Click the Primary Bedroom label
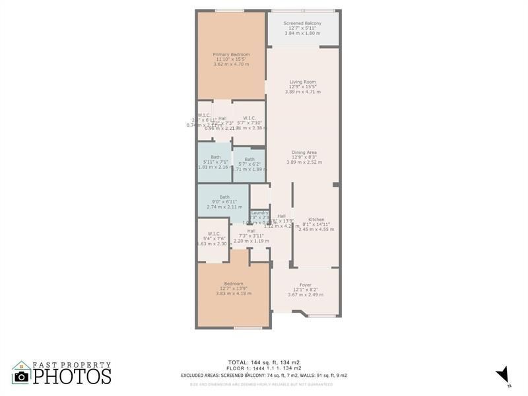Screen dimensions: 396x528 coord(231,55)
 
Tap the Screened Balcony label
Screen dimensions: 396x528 coord(302,24)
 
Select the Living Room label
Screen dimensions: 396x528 coord(302,82)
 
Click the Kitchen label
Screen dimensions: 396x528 coord(316,220)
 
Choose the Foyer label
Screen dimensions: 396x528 coord(305,285)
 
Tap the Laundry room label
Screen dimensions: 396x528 coord(259,213)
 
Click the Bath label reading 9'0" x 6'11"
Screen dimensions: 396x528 coord(224,197)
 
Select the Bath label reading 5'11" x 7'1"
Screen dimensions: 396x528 coord(215,157)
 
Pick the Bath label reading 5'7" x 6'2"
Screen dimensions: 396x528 coord(249,159)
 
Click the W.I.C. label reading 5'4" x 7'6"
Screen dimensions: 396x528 coord(213,234)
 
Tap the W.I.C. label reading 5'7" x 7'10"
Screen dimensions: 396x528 coord(249,118)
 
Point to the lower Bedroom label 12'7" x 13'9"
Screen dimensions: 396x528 coord(234,284)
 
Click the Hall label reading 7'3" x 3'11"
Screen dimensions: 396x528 coord(251,231)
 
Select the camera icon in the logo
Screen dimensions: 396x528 coord(21,376)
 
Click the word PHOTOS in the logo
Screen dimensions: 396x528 coord(72,376)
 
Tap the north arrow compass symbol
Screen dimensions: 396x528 coord(503,374)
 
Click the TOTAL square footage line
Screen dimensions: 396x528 coord(264,362)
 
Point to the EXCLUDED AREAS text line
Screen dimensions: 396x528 coord(264,376)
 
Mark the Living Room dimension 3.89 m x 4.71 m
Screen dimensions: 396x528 coord(302,92)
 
